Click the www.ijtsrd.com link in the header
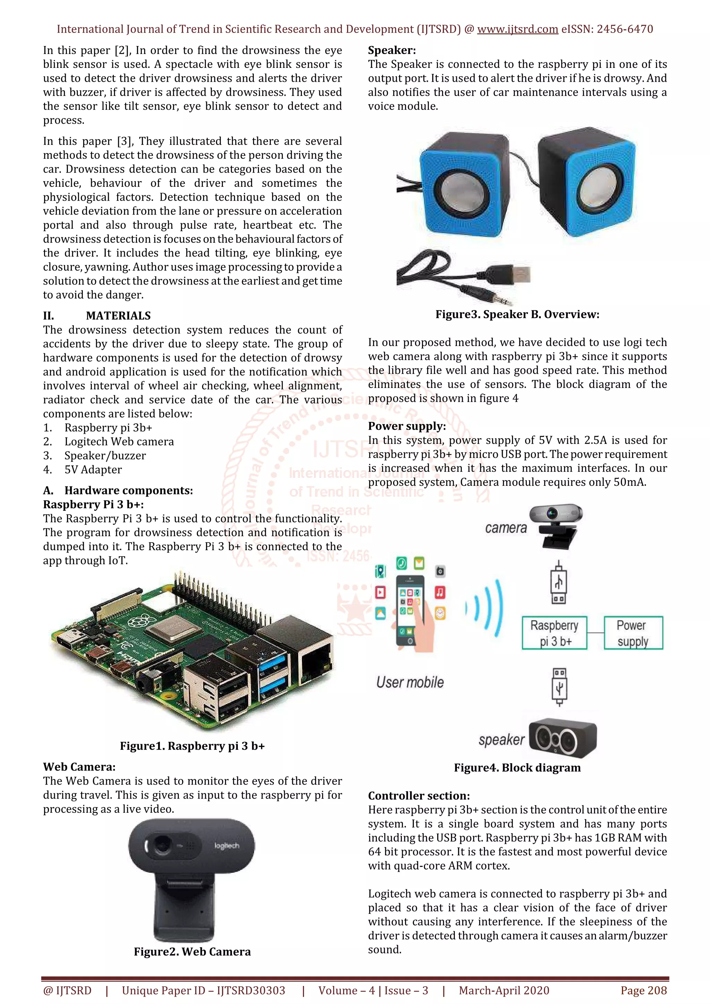[517, 29]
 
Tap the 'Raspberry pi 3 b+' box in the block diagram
[554, 633]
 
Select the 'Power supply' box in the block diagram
[633, 633]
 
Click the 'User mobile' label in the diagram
[410, 682]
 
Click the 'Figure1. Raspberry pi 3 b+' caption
[192, 746]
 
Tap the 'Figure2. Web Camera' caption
[192, 952]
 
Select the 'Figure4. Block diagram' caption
[517, 768]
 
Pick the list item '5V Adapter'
[93, 470]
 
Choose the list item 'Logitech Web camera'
[119, 442]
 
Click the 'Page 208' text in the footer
[643, 990]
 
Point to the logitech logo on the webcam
[227, 846]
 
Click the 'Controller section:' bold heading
[419, 795]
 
